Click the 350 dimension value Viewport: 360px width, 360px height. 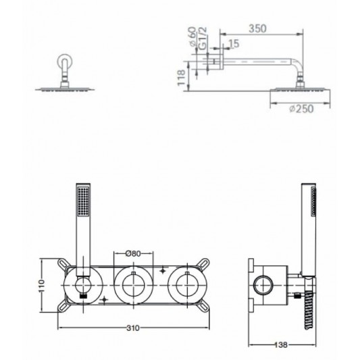(257, 28)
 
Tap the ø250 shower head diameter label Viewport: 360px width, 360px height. (301, 109)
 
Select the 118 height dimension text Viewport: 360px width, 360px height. (182, 78)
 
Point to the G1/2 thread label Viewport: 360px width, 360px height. (203, 38)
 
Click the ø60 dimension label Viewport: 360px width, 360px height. (192, 36)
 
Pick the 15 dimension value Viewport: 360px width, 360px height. (234, 44)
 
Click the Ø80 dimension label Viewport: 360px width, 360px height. (133, 253)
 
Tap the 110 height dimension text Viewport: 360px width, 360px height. (42, 286)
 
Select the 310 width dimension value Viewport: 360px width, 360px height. (133, 328)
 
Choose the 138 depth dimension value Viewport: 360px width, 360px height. (280, 344)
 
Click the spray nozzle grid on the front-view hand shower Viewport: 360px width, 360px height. (83, 202)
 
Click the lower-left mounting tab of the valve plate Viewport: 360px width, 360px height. (63, 307)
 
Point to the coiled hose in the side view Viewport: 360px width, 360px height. (309, 310)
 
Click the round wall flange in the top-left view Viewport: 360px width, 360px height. (65, 61)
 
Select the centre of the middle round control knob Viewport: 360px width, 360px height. (133, 285)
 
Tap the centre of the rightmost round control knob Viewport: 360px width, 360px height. (187, 285)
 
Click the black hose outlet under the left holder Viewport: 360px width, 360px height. (83, 296)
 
